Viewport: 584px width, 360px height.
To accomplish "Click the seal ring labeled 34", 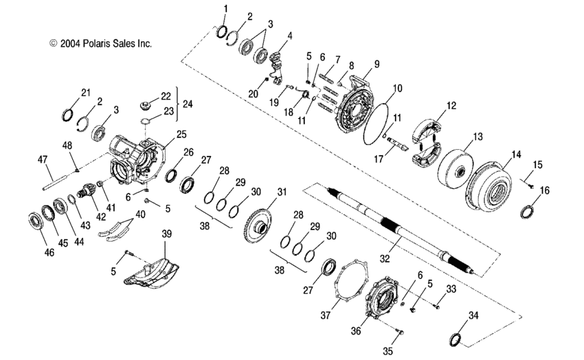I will (454, 339).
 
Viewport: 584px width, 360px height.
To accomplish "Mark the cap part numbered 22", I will (145, 106).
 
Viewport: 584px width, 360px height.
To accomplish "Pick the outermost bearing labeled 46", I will (33, 221).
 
